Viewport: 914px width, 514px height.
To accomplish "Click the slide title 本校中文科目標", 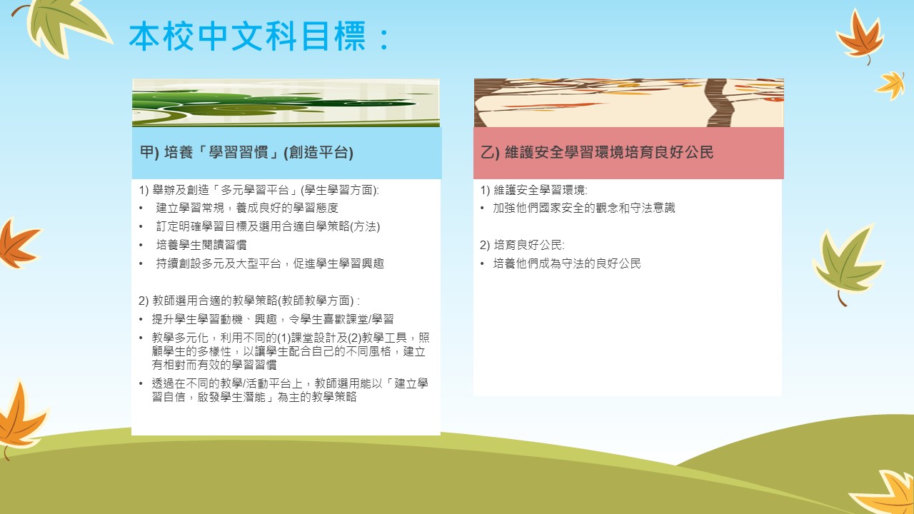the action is click(259, 36).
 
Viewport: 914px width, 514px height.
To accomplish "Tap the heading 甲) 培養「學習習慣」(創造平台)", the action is click(246, 152).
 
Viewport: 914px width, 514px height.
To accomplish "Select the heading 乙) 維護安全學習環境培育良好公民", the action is click(597, 152).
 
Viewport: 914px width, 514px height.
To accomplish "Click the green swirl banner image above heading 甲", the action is click(286, 103).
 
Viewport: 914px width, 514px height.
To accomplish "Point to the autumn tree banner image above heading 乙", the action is click(629, 103).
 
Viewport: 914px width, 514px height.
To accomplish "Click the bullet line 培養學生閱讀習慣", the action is click(201, 245).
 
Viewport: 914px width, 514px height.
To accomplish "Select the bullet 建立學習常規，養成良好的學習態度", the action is click(247, 208).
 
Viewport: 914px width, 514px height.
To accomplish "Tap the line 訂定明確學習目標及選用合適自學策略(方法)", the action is click(268, 226).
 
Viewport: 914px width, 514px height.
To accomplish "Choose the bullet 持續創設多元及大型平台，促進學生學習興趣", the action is click(270, 263).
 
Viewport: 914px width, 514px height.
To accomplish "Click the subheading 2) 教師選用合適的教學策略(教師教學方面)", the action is click(249, 301).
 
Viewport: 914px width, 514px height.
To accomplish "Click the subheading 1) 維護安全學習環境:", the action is click(533, 190).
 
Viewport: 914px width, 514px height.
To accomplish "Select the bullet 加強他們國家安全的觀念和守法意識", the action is click(584, 208).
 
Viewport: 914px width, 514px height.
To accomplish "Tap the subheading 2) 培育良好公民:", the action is click(522, 245).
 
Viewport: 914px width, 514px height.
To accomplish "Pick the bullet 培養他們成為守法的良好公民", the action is click(567, 263).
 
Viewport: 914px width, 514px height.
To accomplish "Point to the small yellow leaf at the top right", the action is click(891, 85).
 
